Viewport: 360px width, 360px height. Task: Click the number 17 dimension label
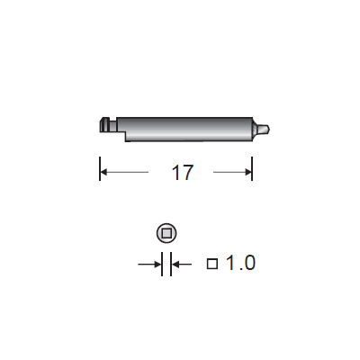pos(182,173)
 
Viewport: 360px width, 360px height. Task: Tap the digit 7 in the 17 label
pos(187,173)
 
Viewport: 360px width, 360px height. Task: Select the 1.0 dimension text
pos(240,263)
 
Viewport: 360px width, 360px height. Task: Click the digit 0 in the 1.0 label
pos(249,263)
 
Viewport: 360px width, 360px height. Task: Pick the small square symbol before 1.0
pos(212,264)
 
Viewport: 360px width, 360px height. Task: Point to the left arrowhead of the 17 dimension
pos(103,172)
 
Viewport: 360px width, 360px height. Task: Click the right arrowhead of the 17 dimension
pos(248,172)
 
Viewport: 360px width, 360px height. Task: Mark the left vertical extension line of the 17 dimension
pos(100,168)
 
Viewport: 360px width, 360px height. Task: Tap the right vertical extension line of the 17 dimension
pos(252,168)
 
